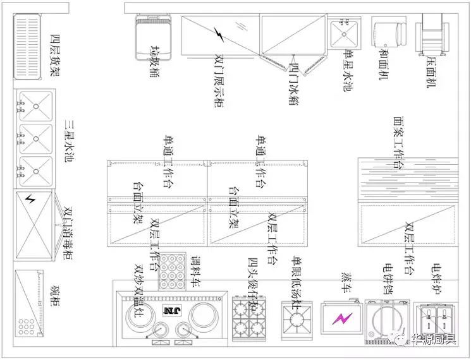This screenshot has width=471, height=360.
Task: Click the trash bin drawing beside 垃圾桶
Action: pyautogui.click(x=152, y=32)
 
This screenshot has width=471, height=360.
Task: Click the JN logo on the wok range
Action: pyautogui.click(x=171, y=310)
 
